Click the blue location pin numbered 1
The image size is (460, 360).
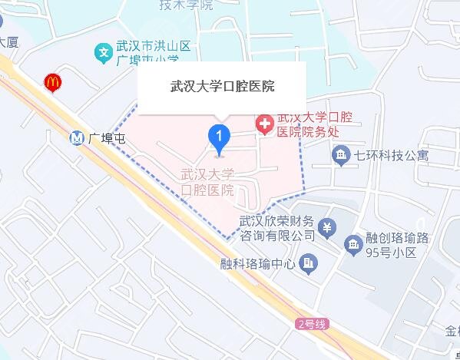pyautogui.click(x=220, y=137)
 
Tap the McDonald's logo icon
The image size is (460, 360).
pyautogui.click(x=52, y=81)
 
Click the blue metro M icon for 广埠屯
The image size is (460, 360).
pyautogui.click(x=76, y=139)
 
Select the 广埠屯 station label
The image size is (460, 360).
pyautogui.click(x=107, y=140)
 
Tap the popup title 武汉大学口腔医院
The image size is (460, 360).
pyautogui.click(x=221, y=86)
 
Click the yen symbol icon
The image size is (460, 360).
pyautogui.click(x=327, y=227)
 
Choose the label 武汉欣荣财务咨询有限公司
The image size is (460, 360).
pyautogui.click(x=277, y=227)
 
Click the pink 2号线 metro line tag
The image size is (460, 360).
pyautogui.click(x=312, y=324)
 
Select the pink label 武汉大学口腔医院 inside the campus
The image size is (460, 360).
pyautogui.click(x=207, y=182)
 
